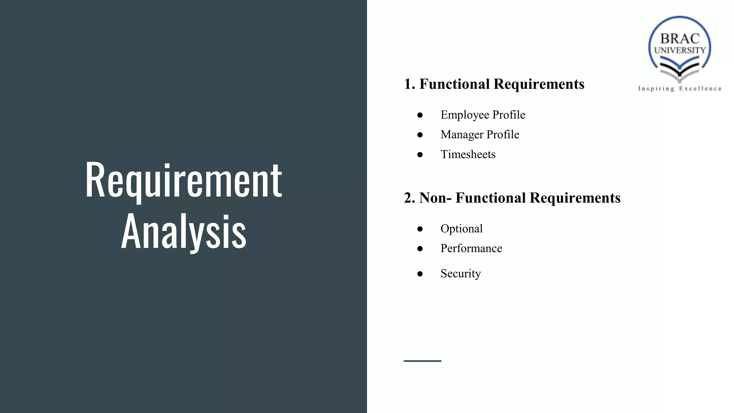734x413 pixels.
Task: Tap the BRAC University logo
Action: click(x=680, y=48)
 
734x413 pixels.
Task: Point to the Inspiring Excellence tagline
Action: click(x=680, y=89)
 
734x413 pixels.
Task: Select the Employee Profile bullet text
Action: click(x=483, y=115)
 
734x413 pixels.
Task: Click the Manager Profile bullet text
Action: click(x=480, y=134)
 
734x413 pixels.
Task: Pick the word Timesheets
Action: click(x=468, y=154)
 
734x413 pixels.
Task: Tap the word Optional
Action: click(x=462, y=228)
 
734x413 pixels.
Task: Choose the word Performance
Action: click(x=471, y=248)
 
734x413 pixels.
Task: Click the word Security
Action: click(x=461, y=274)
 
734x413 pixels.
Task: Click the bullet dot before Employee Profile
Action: click(x=420, y=115)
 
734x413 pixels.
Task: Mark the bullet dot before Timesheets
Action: click(x=420, y=155)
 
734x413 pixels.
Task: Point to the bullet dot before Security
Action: click(x=420, y=274)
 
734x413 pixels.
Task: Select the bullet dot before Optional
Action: click(x=420, y=229)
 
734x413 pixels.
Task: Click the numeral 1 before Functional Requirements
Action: click(x=407, y=84)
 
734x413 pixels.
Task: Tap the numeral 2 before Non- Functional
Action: click(x=408, y=198)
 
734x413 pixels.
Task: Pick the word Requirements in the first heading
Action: click(x=539, y=84)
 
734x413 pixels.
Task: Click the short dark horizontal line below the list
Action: click(x=422, y=361)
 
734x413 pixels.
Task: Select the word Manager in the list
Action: click(x=462, y=134)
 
